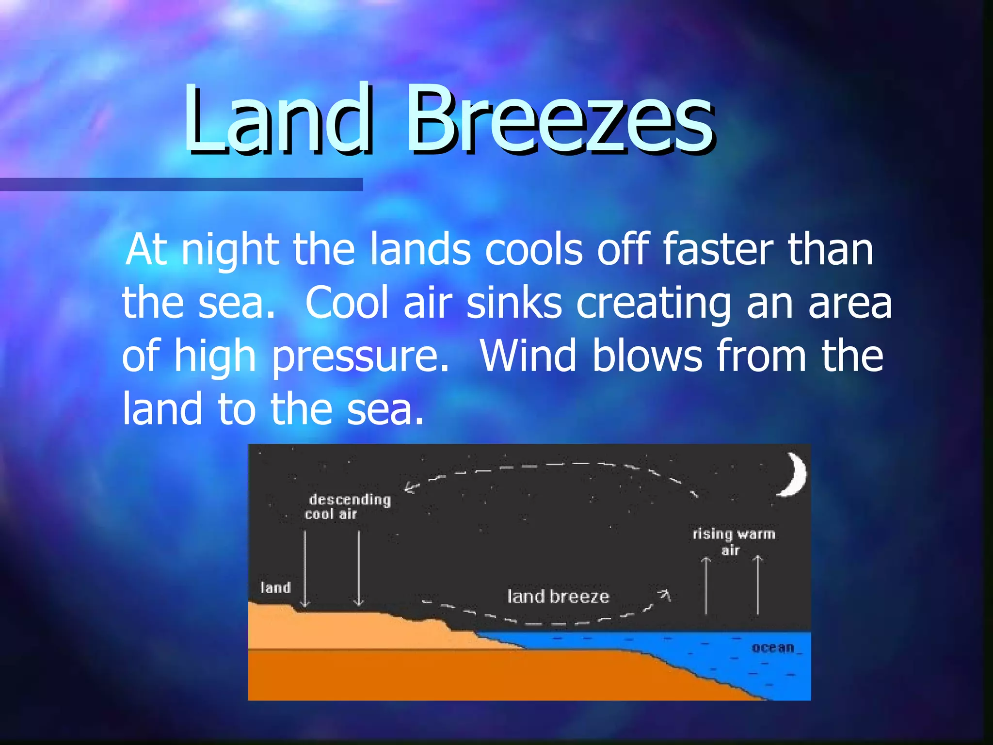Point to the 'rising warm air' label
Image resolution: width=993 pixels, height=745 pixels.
(733, 541)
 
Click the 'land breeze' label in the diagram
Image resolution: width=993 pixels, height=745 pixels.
(558, 596)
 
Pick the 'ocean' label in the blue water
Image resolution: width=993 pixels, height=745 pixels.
(773, 648)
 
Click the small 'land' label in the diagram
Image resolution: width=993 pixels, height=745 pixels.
(275, 588)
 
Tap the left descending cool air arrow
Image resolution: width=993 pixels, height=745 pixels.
(305, 567)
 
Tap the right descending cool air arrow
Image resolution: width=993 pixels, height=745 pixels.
(359, 567)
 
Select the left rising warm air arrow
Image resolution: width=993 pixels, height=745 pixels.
(706, 584)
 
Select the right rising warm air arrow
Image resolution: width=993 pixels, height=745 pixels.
(758, 584)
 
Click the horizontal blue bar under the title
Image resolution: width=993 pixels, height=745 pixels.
(181, 184)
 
